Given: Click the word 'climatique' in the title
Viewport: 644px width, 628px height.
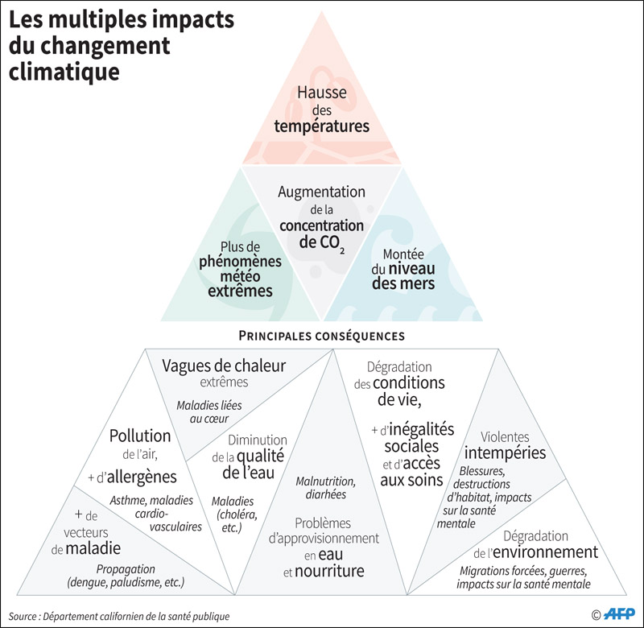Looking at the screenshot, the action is point(64,72).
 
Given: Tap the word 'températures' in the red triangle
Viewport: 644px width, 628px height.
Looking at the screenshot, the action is point(321,126).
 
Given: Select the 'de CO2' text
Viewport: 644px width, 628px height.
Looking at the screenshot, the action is point(321,243).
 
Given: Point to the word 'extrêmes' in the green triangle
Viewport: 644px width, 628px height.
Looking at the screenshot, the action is point(240,291).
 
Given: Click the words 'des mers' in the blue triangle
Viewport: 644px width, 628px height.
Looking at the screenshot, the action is point(403,283).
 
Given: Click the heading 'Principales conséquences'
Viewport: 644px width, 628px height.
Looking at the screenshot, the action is point(321,336).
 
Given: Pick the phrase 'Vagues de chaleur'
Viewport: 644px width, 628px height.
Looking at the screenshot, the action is point(224,366).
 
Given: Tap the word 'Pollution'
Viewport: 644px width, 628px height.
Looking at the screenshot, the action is point(140,436).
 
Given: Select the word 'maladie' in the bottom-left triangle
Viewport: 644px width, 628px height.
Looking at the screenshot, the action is point(93,548).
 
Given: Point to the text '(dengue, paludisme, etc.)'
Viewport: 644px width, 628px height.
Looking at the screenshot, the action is point(126,582).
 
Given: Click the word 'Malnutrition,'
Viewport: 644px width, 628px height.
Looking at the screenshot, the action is point(326,481).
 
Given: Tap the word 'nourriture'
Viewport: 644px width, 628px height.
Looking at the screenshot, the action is point(329,571).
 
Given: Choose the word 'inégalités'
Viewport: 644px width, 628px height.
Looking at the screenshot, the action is point(421,429).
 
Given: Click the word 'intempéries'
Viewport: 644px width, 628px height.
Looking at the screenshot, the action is point(506,452).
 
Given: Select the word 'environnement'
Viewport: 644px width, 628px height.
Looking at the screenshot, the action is point(546,552).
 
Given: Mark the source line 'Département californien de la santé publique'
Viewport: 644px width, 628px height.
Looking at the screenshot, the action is point(136,617).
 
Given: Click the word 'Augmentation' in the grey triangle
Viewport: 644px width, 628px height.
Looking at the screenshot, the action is point(321,192).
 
